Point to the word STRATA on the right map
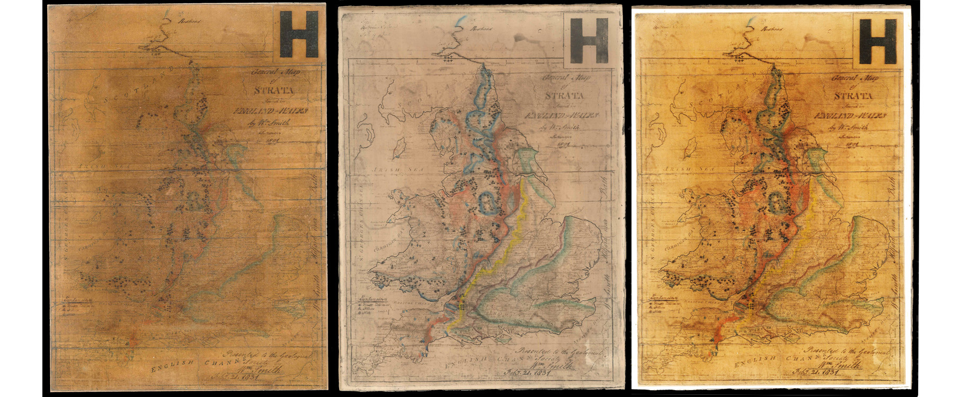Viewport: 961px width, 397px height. coord(853,96)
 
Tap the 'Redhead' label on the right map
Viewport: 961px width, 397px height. coord(769,30)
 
